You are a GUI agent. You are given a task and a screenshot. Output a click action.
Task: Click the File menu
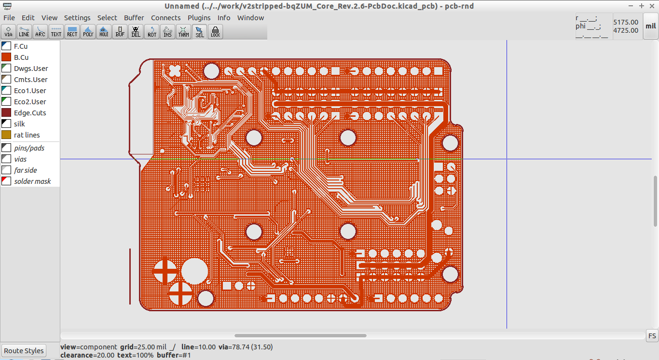(9, 18)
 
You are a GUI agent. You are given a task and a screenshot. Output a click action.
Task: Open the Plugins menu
(199, 18)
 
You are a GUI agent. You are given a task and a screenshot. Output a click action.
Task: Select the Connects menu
(165, 18)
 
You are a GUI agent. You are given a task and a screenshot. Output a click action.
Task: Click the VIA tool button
(9, 32)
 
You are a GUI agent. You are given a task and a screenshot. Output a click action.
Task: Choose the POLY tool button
(88, 32)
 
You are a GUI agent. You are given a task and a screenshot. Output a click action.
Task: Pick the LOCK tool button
(215, 32)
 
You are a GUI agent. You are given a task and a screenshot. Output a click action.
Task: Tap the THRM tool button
(183, 32)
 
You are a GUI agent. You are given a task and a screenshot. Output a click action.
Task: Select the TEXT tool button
(56, 32)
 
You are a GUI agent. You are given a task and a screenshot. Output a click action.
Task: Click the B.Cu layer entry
(21, 57)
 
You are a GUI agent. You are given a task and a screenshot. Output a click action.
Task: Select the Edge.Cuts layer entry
(30, 113)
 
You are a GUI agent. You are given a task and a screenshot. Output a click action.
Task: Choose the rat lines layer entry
(27, 135)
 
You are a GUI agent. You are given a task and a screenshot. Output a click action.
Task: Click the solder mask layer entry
(32, 181)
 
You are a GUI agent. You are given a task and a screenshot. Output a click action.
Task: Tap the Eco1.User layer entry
(30, 91)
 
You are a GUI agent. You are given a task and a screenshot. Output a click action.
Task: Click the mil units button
(650, 27)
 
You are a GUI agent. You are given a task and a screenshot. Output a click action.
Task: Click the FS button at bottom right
(652, 336)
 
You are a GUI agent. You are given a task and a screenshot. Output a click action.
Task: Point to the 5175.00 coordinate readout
(626, 22)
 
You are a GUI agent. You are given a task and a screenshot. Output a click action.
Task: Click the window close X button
(652, 6)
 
